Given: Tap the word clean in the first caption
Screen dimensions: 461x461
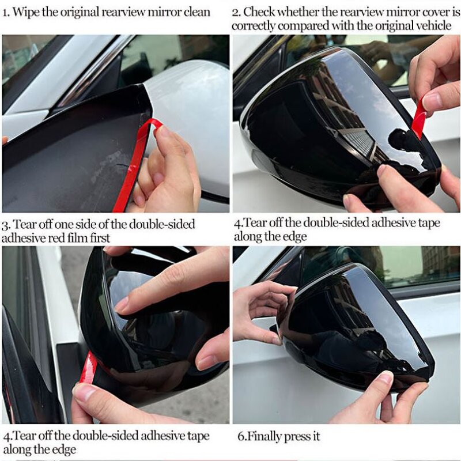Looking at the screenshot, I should click(194, 12).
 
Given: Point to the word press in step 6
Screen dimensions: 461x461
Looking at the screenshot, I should click(298, 436).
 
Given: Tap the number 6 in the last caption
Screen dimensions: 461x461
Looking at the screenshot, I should click(240, 436).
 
